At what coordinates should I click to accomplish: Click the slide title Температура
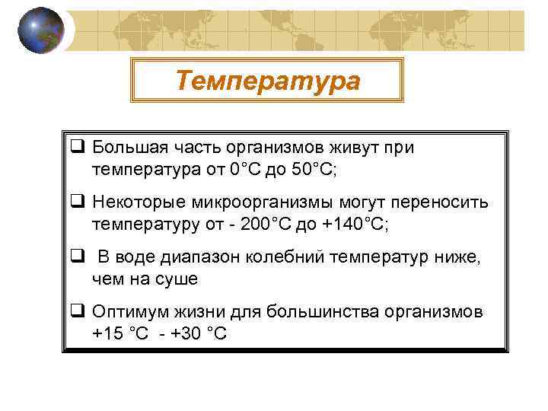(x=268, y=80)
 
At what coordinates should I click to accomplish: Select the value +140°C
(x=355, y=224)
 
